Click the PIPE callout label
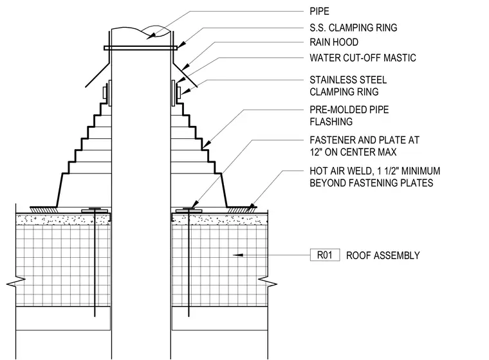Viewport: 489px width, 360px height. coord(319,12)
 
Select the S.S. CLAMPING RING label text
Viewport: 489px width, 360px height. coord(353,28)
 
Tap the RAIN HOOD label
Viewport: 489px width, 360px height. coord(334,42)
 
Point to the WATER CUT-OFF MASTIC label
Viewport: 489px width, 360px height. coord(363,58)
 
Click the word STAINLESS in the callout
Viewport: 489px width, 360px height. coord(332,80)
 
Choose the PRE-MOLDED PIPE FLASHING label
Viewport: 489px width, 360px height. coord(349,116)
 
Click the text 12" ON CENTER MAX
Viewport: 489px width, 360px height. coord(353,152)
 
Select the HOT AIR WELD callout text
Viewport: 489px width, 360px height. coord(375,177)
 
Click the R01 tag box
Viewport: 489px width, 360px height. coord(325,255)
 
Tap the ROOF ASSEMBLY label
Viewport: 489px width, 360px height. coord(383,256)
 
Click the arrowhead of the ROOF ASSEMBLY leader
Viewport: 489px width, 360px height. coord(237,255)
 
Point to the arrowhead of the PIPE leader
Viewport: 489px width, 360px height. coord(150,36)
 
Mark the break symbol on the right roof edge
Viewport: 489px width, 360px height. coord(267,282)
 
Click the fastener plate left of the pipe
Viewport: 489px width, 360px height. coord(95,211)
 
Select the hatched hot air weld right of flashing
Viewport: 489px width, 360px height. coord(242,210)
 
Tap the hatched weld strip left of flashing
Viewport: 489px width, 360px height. coord(44,210)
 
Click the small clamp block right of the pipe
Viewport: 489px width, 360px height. coord(178,93)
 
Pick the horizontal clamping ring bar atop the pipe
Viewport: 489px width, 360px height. coord(141,48)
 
